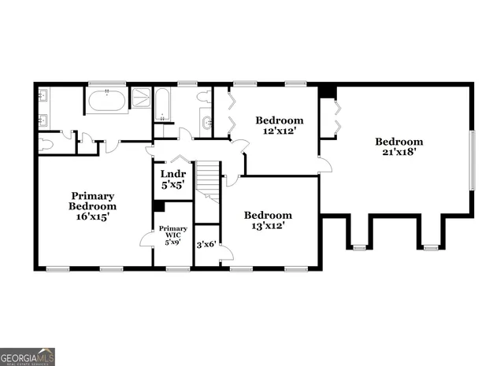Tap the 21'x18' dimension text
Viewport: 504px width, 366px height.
coord(399,152)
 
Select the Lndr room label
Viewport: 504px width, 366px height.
coord(172,173)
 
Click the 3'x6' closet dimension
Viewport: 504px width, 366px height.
coord(206,245)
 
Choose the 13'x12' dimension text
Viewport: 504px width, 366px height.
coord(267,226)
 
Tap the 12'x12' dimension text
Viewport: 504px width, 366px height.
coord(279,131)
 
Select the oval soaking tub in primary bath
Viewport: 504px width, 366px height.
coord(106,101)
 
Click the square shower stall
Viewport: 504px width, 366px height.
coord(140,98)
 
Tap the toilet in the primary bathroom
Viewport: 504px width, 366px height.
coord(46,144)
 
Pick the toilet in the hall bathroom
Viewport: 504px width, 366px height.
coord(204,98)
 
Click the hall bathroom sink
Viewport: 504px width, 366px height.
coord(206,123)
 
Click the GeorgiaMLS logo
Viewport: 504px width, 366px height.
coord(28,357)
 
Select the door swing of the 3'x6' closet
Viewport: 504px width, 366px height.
coord(226,252)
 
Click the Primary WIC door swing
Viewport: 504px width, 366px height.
coord(147,238)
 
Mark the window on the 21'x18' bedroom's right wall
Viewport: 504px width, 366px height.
coord(472,161)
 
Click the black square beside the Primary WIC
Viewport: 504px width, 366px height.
coord(159,206)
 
